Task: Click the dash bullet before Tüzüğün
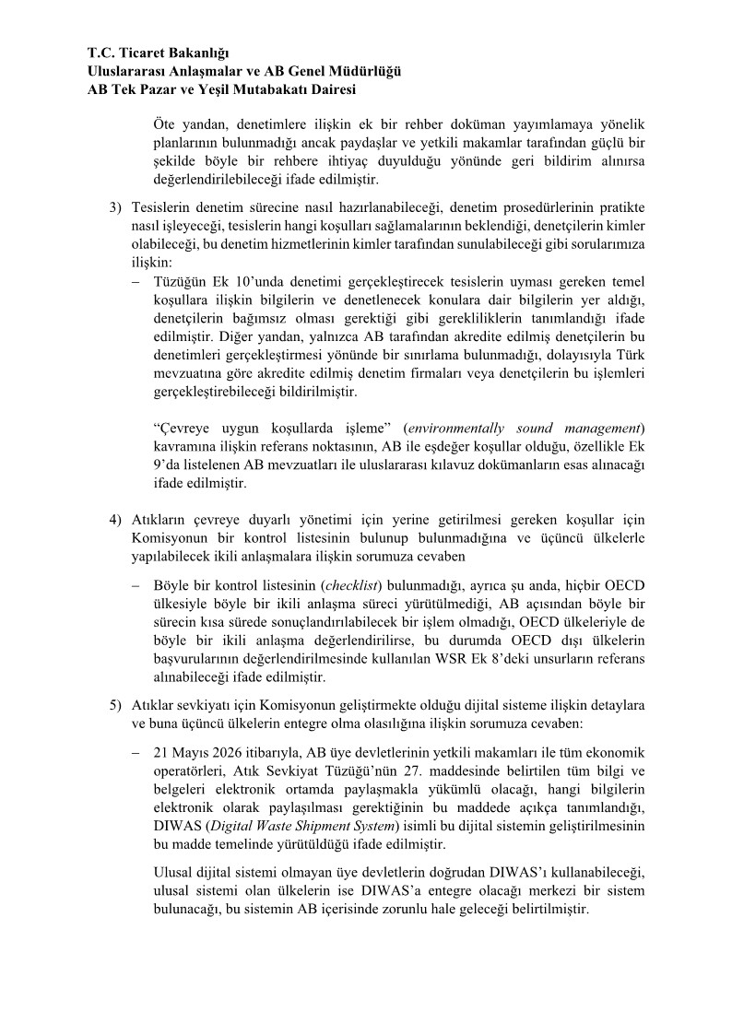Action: coord(136,281)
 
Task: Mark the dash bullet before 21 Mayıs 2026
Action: coord(136,752)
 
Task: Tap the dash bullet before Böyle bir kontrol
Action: coord(136,584)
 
